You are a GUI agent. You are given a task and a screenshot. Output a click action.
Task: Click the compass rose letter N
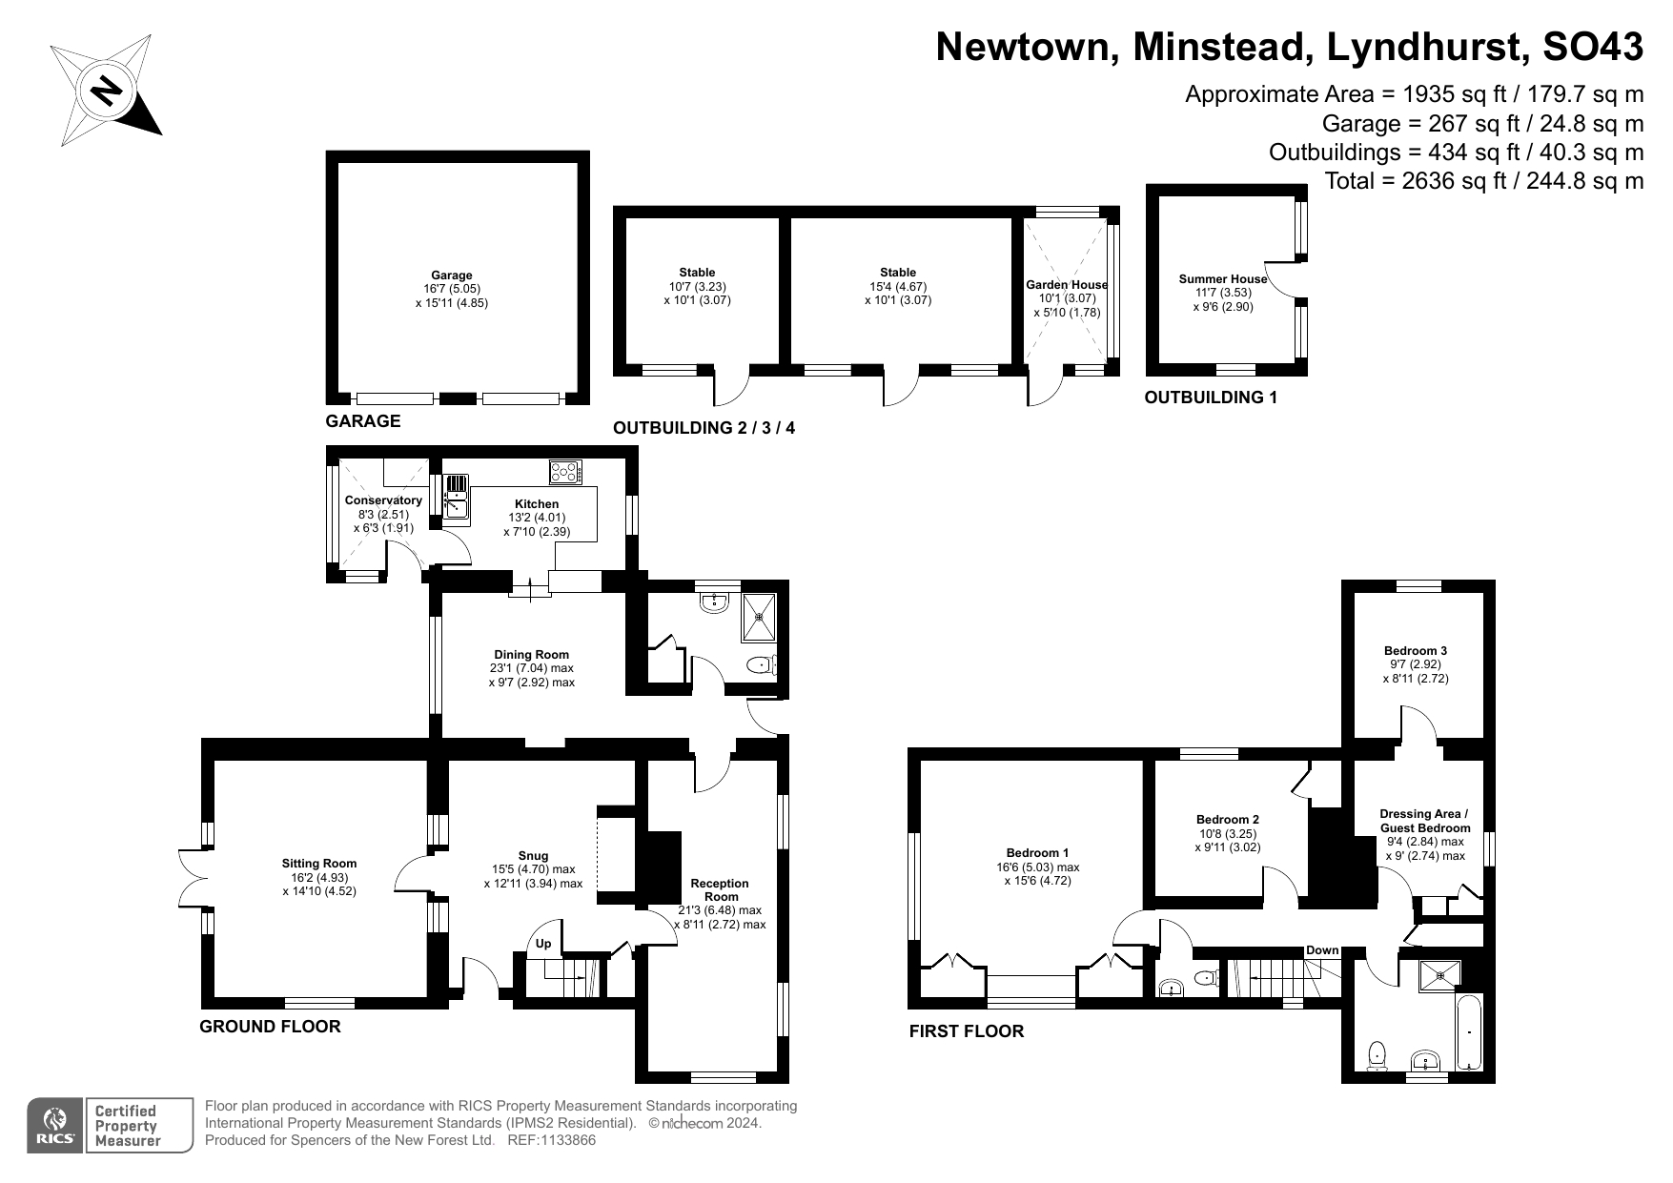(106, 92)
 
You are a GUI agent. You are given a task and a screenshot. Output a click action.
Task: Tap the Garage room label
(452, 275)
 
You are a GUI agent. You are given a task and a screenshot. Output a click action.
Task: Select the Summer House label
(1223, 279)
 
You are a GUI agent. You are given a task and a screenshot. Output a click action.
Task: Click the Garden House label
(1067, 284)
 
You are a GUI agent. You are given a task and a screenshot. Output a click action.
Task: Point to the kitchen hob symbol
(564, 472)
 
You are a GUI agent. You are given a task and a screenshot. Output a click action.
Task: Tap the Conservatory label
(383, 500)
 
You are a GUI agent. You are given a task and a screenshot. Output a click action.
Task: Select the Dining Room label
(531, 654)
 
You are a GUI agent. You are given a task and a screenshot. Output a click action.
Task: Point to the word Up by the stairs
(543, 945)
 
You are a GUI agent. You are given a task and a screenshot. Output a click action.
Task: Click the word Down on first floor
(1322, 950)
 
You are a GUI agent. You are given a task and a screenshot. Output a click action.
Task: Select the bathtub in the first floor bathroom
(1469, 1032)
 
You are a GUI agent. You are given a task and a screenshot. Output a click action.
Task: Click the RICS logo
(55, 1126)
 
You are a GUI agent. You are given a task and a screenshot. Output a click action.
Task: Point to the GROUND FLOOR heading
(270, 1027)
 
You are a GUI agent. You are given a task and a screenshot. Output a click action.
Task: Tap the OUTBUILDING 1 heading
(1210, 398)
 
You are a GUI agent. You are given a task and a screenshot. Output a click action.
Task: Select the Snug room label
(533, 855)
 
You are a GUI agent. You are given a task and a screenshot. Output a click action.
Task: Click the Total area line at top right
(1484, 180)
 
